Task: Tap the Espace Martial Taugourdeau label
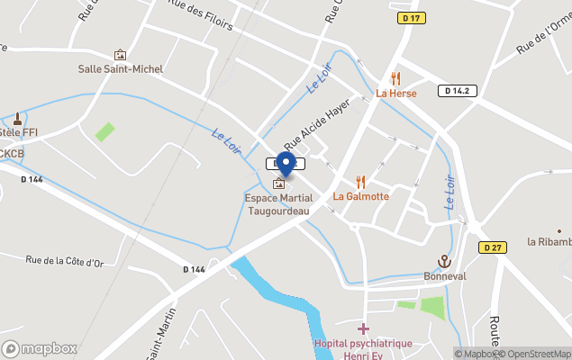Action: [x=278, y=204]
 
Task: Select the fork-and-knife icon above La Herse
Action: [x=395, y=78]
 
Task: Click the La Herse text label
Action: [x=395, y=93]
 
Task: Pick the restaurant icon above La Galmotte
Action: [x=360, y=182]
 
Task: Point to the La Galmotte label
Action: [x=361, y=196]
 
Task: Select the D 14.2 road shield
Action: [x=459, y=90]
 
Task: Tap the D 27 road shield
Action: [x=491, y=247]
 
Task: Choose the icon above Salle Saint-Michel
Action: [x=120, y=55]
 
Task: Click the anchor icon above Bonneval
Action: [x=444, y=262]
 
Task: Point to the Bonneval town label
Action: [x=445, y=276]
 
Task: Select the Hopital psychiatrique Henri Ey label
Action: [x=363, y=349]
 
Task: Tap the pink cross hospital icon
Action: [x=363, y=329]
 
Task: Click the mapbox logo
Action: [x=40, y=348]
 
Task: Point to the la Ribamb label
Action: [x=549, y=241]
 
